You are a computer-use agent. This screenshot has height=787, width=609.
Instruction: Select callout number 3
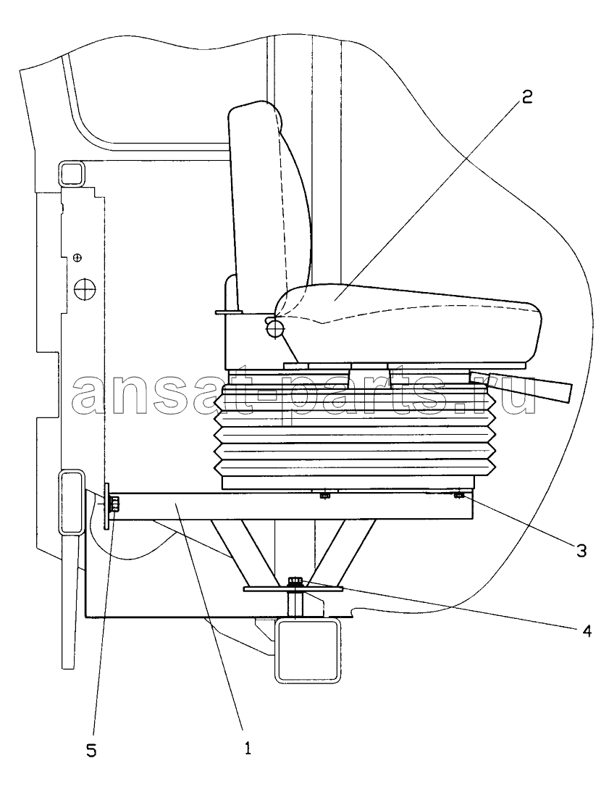[581, 551]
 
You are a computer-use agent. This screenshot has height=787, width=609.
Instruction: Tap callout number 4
[585, 630]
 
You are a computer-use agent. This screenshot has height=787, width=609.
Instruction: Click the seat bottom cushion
[406, 324]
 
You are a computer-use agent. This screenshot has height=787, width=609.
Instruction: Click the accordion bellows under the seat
[355, 430]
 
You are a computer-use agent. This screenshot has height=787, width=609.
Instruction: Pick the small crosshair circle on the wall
[77, 257]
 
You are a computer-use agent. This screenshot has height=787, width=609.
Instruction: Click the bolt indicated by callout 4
[295, 583]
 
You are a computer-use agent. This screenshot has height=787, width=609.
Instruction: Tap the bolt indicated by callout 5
[114, 502]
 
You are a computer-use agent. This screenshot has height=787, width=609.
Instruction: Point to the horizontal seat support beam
[291, 505]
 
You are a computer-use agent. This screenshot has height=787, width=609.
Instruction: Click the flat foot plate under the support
[293, 588]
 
